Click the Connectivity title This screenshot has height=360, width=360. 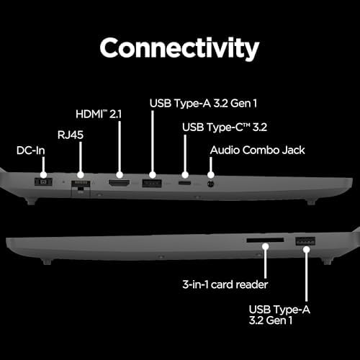[x=179, y=49]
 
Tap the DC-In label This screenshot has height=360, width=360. [x=31, y=150]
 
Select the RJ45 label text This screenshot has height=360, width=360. [x=71, y=135]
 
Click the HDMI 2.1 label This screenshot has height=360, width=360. [x=99, y=114]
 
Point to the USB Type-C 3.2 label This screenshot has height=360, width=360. [x=225, y=127]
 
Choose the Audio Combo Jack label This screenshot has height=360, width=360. [x=257, y=150]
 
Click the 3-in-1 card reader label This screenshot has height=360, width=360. [x=225, y=284]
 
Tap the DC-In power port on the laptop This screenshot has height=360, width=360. [x=43, y=182]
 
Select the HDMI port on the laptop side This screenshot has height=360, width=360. [x=120, y=184]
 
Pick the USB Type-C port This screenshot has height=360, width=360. [x=184, y=184]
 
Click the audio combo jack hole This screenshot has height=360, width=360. [x=210, y=184]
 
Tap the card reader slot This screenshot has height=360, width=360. [x=265, y=240]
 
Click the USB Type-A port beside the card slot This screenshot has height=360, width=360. [x=305, y=241]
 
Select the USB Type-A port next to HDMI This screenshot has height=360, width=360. [x=152, y=184]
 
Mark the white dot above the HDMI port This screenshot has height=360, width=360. [x=120, y=175]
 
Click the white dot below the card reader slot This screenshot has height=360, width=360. [x=265, y=246]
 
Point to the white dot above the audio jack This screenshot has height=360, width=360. [x=210, y=175]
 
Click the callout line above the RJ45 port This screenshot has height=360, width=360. [x=81, y=157]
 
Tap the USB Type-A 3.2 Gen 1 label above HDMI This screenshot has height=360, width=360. [x=203, y=104]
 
